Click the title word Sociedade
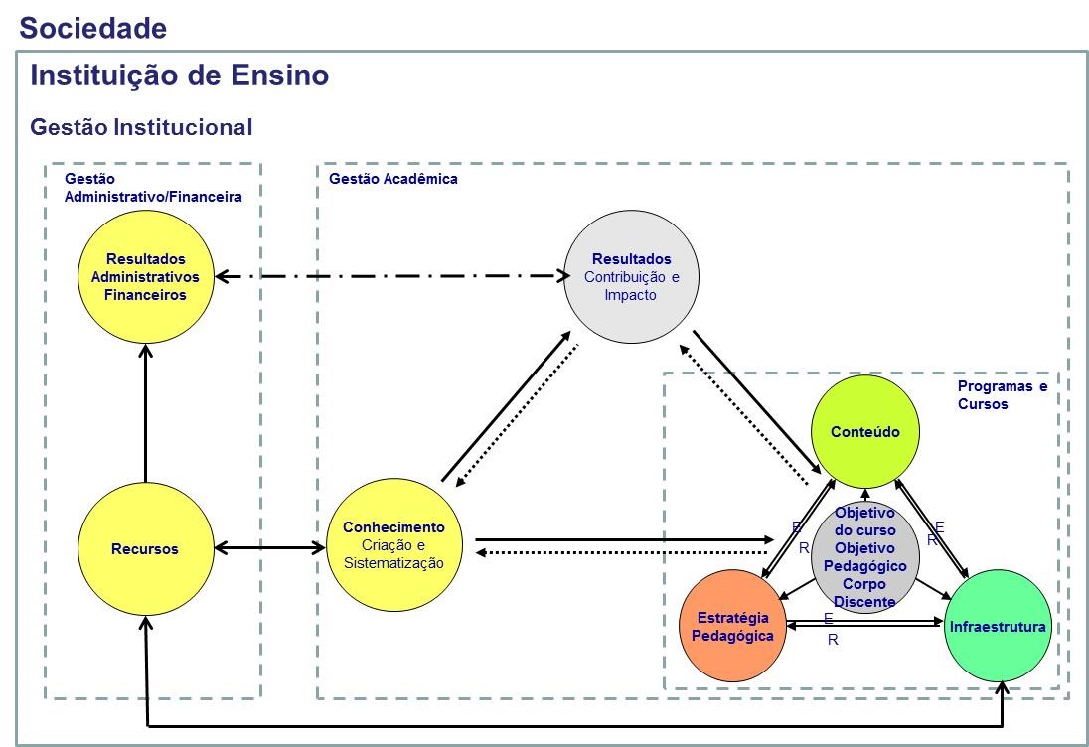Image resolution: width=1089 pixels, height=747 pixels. click(x=93, y=29)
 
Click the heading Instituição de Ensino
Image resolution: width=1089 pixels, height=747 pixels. click(x=179, y=75)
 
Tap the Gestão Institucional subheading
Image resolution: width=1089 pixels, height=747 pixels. click(x=141, y=127)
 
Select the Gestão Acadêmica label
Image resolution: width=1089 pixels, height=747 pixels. click(x=393, y=179)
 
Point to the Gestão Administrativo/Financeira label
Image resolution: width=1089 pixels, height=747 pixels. click(x=153, y=188)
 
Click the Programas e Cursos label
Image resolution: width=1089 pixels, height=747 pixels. click(x=1003, y=395)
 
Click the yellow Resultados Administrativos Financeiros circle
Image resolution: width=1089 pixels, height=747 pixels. click(x=145, y=276)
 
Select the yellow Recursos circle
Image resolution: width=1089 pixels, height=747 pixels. click(x=145, y=548)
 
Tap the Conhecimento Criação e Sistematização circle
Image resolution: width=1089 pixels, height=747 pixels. click(x=393, y=545)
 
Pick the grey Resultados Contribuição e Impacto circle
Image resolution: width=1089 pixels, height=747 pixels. click(x=631, y=276)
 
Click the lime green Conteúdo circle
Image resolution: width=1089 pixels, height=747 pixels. click(x=865, y=431)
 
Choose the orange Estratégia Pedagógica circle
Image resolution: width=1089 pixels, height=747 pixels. click(x=732, y=626)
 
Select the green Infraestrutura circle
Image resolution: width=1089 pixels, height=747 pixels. click(x=998, y=626)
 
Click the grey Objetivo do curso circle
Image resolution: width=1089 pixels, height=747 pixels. click(x=865, y=557)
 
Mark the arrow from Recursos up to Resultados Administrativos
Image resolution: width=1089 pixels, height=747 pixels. click(x=145, y=413)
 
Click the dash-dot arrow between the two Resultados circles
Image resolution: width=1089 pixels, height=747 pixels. click(x=392, y=276)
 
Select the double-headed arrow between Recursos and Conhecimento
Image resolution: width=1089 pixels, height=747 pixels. click(x=269, y=548)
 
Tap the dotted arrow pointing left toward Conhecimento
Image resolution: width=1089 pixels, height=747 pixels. click(x=621, y=552)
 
